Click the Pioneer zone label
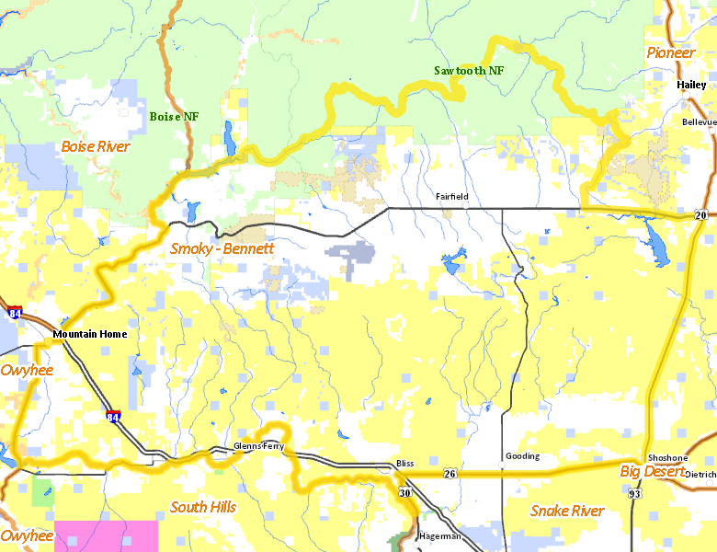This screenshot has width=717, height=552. pyautogui.click(x=670, y=52)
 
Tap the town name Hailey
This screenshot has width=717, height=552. pyautogui.click(x=690, y=84)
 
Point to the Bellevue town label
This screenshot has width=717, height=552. pyautogui.click(x=698, y=121)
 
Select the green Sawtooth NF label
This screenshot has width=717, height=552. pyautogui.click(x=469, y=70)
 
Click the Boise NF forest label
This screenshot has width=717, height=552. pyautogui.click(x=174, y=116)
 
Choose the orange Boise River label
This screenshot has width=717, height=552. pyautogui.click(x=96, y=146)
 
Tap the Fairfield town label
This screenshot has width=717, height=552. pyautogui.click(x=452, y=197)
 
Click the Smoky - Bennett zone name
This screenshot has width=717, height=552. pyautogui.click(x=222, y=248)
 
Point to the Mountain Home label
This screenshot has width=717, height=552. pyautogui.click(x=90, y=334)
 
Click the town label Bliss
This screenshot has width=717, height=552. pyautogui.click(x=404, y=463)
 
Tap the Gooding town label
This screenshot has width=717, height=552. pyautogui.click(x=522, y=456)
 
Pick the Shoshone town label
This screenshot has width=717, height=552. pyautogui.click(x=667, y=458)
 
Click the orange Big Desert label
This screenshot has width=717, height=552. pyautogui.click(x=652, y=472)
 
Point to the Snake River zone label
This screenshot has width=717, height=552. pyautogui.click(x=567, y=511)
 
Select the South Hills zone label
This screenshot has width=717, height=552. pyautogui.click(x=203, y=507)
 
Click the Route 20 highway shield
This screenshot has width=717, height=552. pyautogui.click(x=700, y=215)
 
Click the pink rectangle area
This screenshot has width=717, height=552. pyautogui.click(x=106, y=535)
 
